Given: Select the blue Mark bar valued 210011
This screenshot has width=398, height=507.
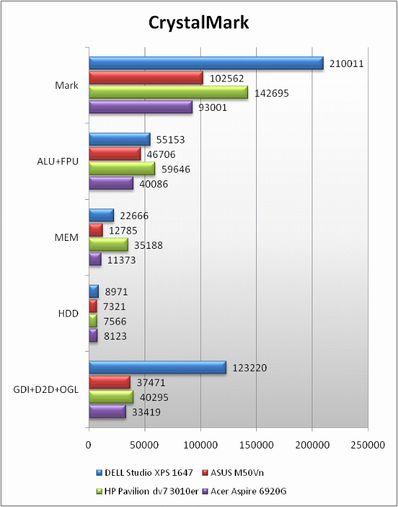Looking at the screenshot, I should coord(206,64).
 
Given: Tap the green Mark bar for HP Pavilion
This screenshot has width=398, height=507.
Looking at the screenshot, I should coord(168,93).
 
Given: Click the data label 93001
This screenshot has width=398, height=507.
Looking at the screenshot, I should coord(213,108).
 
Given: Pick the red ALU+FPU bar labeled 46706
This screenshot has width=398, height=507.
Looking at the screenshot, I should coord(115,154).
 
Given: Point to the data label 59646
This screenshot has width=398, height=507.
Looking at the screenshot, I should coord(176,169).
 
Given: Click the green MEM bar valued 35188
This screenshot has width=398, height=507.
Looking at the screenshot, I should coord(108,245).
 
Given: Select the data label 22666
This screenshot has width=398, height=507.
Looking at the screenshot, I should coord(135,216).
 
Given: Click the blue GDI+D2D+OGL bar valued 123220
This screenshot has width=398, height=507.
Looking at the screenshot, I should coord(157,367).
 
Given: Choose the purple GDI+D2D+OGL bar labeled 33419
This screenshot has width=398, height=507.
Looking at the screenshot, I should coord(107,412).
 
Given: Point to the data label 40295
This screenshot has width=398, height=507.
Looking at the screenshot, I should coord(154,398).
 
